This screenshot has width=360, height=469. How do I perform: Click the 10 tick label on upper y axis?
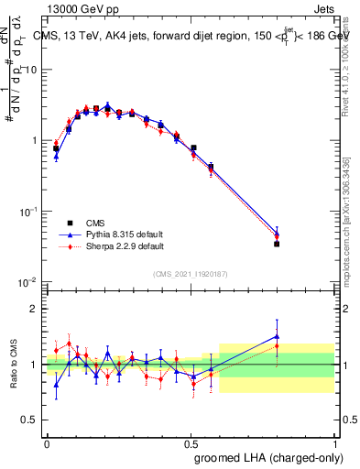pos(30,70)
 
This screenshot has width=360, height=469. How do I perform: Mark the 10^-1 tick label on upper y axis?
pos(28,212)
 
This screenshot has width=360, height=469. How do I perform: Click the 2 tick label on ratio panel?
pos(35,309)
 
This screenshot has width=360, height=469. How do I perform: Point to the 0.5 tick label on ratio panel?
pos(30,420)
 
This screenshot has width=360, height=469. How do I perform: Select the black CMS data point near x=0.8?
pos(277,244)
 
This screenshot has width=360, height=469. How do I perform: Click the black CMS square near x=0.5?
pos(193,147)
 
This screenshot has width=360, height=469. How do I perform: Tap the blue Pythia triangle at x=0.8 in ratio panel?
pos(277,336)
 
